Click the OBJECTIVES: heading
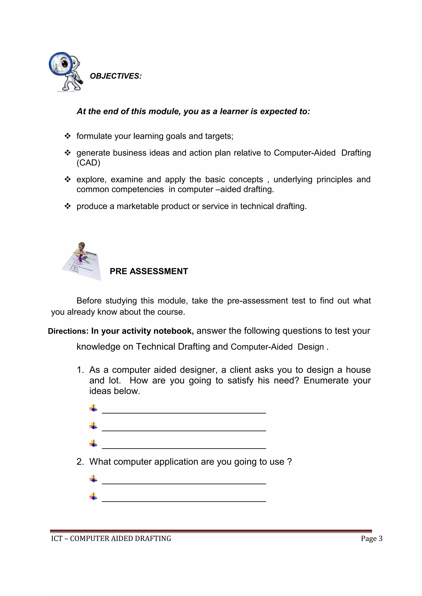click(116, 76)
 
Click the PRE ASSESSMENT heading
click(149, 271)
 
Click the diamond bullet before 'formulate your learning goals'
click(68, 136)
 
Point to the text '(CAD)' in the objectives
click(88, 163)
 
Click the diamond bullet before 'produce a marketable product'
click(68, 206)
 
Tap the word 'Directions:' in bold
click(68, 331)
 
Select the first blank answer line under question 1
click(184, 412)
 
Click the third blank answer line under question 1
click(184, 448)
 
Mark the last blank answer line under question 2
click(184, 501)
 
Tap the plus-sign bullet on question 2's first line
click(93, 479)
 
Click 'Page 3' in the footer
click(371, 539)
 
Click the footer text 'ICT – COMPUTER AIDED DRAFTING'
click(111, 539)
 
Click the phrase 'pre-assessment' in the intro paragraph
click(257, 301)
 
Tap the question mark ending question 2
click(290, 462)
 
